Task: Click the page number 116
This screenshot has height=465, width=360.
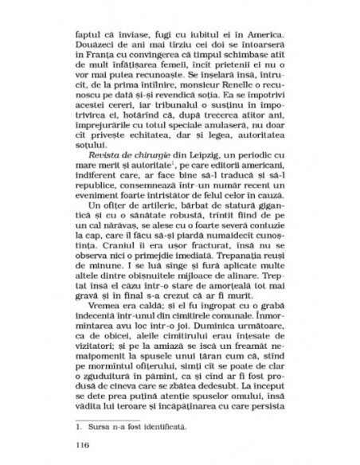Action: [x=78, y=444]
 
